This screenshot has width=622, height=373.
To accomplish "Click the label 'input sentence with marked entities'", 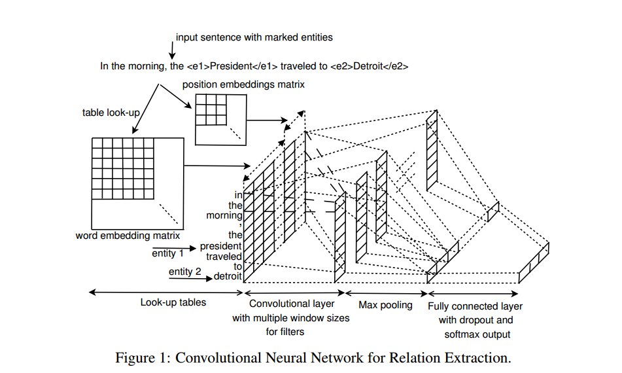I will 254,37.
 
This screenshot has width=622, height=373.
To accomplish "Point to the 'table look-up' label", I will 112,113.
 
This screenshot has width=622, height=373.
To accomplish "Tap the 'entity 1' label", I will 167,253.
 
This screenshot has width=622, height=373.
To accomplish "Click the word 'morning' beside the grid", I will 224,215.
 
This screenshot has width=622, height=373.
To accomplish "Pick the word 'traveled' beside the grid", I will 224,257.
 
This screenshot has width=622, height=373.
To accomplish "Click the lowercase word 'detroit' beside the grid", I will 228,277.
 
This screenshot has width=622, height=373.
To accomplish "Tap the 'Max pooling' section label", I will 385,305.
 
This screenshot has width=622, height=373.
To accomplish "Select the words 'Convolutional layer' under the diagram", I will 292,304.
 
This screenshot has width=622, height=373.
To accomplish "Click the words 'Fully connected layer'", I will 475,306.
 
